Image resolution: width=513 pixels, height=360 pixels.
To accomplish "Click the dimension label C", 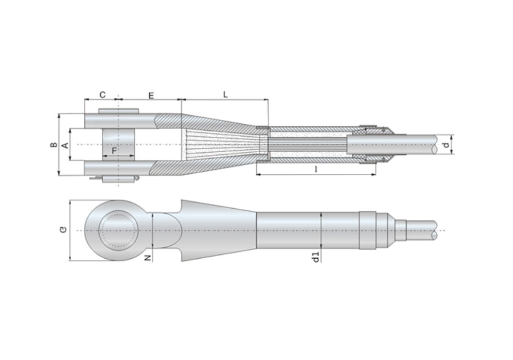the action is tap(102, 95).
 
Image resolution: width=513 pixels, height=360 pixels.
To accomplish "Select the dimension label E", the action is tap(151, 96).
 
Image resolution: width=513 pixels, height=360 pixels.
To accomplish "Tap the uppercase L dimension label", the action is tap(225, 95).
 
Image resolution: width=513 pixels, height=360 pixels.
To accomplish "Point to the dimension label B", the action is tap(54, 144).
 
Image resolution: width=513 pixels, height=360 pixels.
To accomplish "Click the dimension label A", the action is tap(65, 145).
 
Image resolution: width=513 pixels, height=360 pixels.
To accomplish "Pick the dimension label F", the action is tap(114, 151).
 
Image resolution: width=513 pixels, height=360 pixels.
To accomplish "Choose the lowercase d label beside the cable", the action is tap(446, 144).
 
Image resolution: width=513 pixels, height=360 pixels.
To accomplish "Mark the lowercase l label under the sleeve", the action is tap(316, 169).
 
